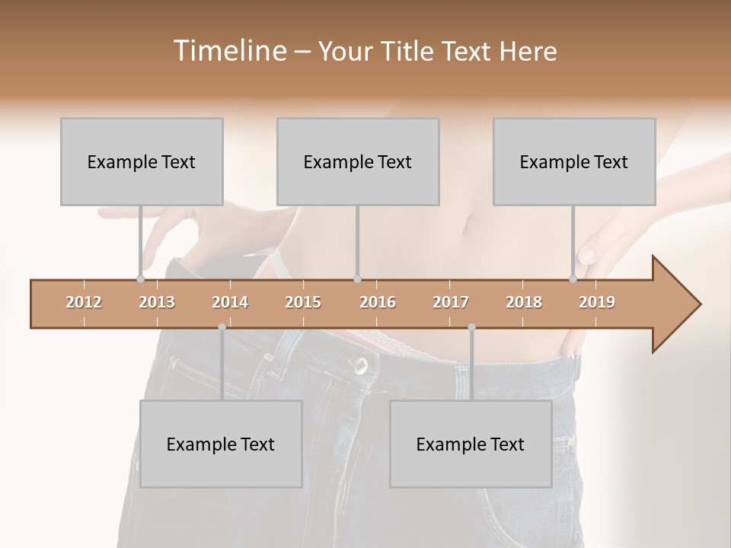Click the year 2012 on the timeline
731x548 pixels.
84,303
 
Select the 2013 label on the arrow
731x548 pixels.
157,303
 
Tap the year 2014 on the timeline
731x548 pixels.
230,303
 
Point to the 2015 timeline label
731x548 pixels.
303,303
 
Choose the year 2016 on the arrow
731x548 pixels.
378,303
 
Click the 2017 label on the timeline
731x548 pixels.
451,303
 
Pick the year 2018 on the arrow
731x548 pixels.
524,303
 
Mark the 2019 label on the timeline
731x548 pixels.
597,303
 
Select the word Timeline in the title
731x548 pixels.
228,51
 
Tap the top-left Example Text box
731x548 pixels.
142,161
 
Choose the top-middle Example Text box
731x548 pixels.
358,161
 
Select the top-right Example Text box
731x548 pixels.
574,161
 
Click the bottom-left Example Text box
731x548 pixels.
221,444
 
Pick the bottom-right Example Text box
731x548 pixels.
471,444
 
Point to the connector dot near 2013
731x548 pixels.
140,279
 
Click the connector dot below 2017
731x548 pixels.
471,327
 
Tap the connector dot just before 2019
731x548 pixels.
573,279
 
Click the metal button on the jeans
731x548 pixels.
360,368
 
